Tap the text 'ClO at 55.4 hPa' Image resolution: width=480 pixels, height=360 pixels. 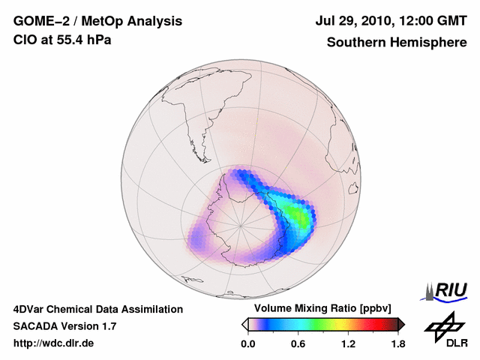pyautogui.click(x=62, y=40)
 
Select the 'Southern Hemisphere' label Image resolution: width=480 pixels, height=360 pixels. pyautogui.click(x=397, y=42)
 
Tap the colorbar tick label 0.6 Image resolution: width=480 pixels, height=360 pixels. pyautogui.click(x=298, y=344)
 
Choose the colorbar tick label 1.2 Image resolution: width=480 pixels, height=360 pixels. pyautogui.click(x=348, y=344)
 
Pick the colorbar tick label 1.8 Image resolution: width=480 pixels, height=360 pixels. pyautogui.click(x=397, y=344)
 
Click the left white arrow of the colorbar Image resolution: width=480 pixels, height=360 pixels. pyautogui.click(x=244, y=324)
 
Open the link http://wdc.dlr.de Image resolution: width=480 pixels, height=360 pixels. pyautogui.click(x=54, y=343)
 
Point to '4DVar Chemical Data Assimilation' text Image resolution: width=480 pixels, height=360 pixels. pyautogui.click(x=97, y=309)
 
